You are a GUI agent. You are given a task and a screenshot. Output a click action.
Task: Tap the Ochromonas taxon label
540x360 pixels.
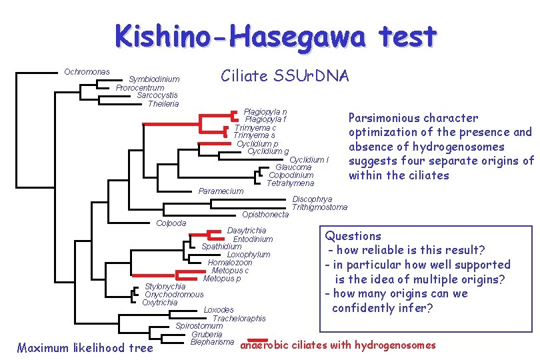(87, 71)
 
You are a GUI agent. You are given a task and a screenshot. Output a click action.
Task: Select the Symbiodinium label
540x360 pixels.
(154, 79)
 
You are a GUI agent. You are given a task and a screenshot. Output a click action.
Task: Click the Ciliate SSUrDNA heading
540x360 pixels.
(285, 76)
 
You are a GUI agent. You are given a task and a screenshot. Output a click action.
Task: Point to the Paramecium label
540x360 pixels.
(221, 191)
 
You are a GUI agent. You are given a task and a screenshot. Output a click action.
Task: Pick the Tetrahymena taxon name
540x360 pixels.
(290, 183)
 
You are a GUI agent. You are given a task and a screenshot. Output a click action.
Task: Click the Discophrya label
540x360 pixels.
(313, 199)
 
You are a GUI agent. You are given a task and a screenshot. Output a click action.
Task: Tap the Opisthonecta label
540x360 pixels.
(265, 215)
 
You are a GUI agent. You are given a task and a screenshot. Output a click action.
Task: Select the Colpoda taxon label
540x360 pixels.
(171, 223)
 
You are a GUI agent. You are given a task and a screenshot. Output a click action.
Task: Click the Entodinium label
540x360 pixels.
(253, 239)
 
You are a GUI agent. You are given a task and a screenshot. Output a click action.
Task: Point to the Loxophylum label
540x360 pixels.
(249, 255)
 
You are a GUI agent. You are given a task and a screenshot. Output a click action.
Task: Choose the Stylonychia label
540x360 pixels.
(165, 287)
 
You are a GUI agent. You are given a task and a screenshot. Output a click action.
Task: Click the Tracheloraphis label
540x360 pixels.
(239, 319)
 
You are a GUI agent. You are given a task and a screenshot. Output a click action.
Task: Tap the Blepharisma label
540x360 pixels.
(212, 342)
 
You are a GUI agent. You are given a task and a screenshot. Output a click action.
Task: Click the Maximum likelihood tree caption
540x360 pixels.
(85, 347)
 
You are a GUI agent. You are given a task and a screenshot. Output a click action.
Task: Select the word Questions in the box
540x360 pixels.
(353, 236)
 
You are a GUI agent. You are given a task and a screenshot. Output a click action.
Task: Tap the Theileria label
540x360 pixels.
(163, 103)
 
